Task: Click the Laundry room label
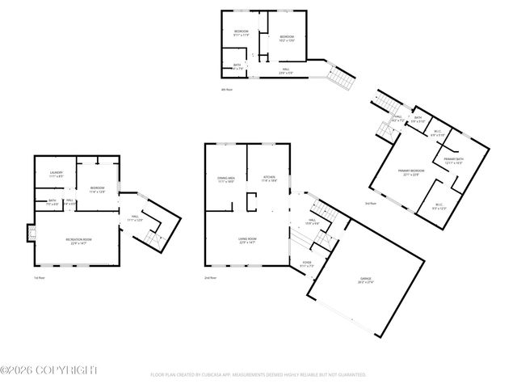click(x=56, y=174)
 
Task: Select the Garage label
click(x=366, y=280)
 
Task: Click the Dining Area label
click(x=225, y=179)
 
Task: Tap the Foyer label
click(x=306, y=264)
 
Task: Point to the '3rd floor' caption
click(x=371, y=204)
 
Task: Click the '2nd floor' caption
click(x=210, y=277)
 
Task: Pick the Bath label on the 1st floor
click(x=52, y=202)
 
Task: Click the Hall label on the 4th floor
click(x=283, y=72)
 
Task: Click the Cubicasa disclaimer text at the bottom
click(x=258, y=375)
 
